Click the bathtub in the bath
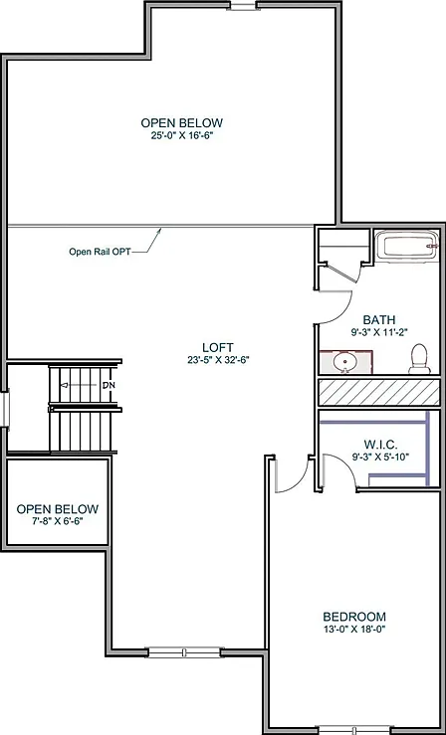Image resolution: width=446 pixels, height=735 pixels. click(x=407, y=246)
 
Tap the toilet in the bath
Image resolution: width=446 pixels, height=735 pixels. click(x=419, y=359)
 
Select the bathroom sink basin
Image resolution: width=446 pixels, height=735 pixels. click(x=345, y=362)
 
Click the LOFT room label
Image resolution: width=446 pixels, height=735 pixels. click(x=218, y=347)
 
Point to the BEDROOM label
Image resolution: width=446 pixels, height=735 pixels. click(x=354, y=617)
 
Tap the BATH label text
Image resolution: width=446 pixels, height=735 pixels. click(x=379, y=320)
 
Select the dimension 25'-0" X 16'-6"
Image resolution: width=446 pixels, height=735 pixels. click(x=182, y=135)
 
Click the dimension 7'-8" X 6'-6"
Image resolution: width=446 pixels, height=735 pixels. click(x=58, y=521)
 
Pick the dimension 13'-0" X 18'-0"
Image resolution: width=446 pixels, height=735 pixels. click(x=354, y=629)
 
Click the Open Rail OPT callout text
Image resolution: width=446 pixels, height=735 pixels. click(x=100, y=252)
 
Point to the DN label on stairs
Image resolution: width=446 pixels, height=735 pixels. click(x=109, y=385)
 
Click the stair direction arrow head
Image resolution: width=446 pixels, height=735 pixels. click(x=65, y=385)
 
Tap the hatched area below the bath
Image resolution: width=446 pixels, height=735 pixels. click(x=379, y=392)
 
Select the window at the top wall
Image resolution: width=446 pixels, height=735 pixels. click(x=243, y=6)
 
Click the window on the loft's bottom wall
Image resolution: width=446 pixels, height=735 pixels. click(x=184, y=652)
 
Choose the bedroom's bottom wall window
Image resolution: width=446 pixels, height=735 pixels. click(x=354, y=730)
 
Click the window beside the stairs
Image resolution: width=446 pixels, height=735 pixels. click(x=5, y=409)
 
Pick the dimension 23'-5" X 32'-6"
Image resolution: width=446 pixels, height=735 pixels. click(x=218, y=360)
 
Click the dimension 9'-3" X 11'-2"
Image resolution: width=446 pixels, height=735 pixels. click(x=379, y=332)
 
